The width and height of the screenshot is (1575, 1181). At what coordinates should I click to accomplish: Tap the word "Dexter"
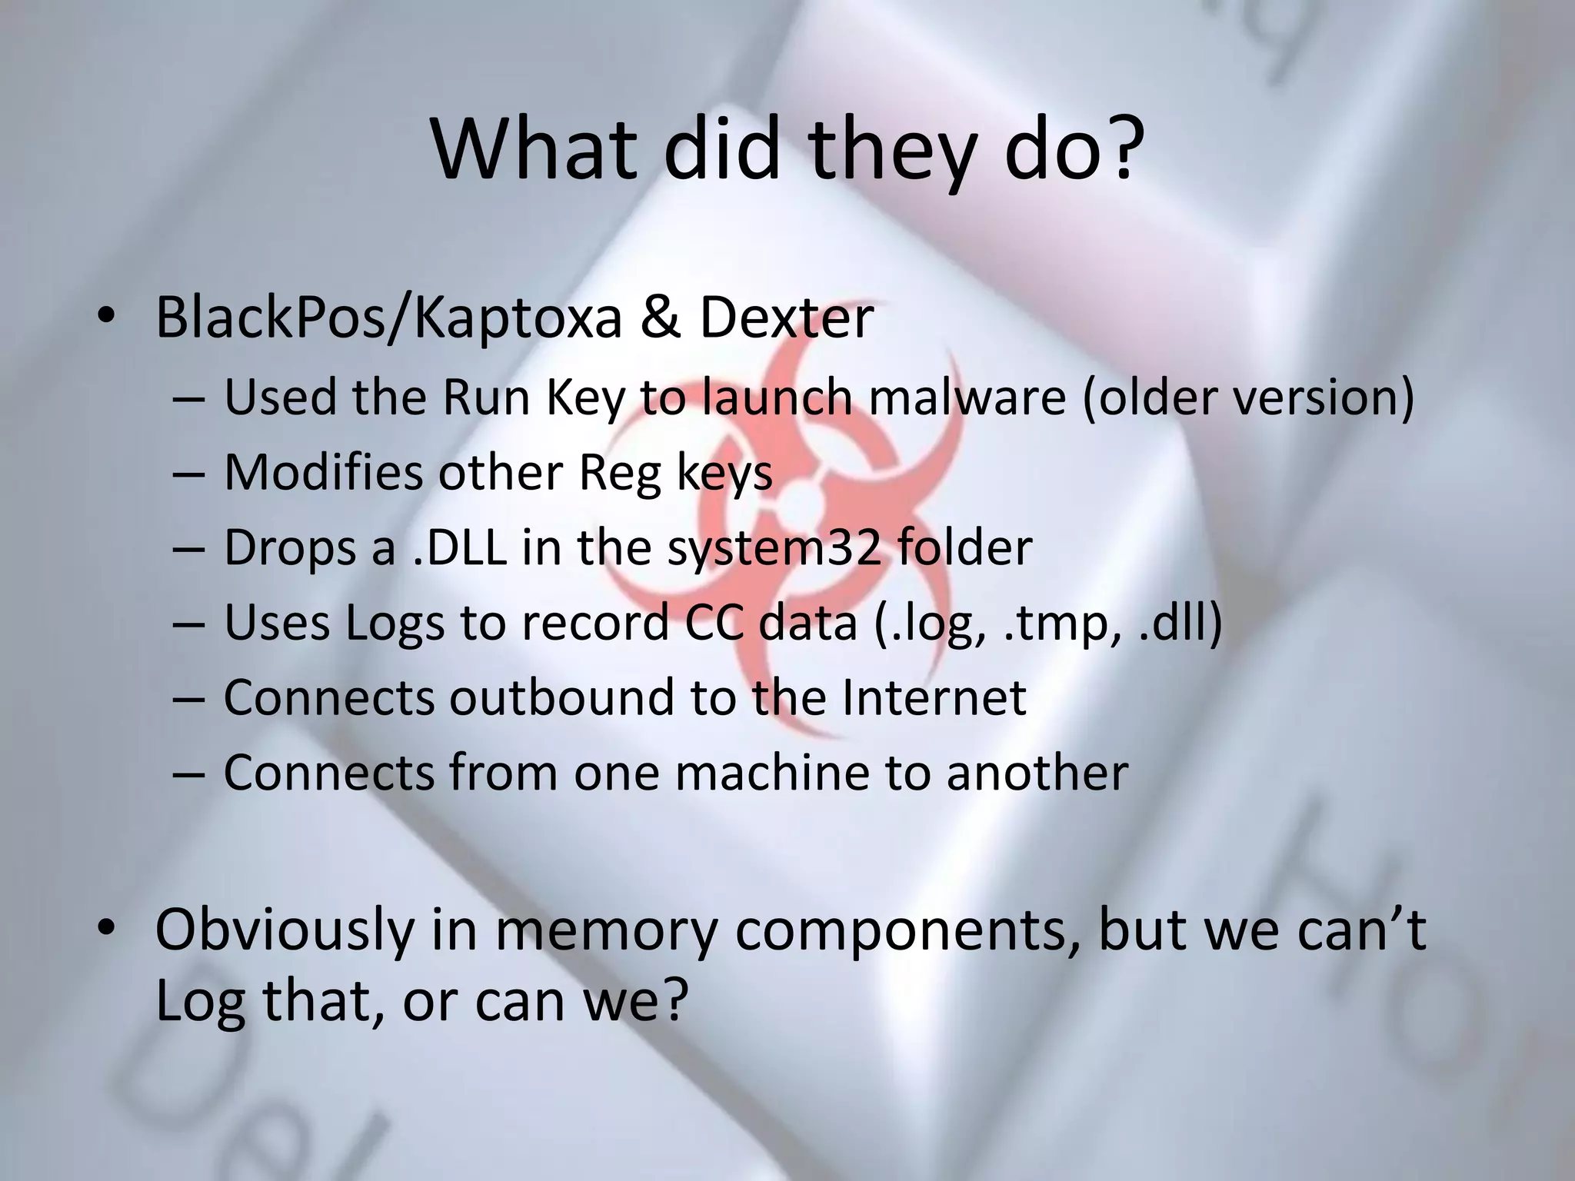tap(786, 318)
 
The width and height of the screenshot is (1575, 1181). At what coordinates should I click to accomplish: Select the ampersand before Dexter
tap(660, 318)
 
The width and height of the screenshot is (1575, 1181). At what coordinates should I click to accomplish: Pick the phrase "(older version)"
tap(1248, 398)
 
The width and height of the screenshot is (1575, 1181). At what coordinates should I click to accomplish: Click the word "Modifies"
tap(323, 472)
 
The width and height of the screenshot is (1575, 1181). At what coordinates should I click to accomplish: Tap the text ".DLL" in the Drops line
tap(459, 547)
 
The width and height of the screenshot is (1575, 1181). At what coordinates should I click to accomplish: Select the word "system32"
tap(774, 547)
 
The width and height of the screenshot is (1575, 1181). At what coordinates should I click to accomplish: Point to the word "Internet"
tap(934, 697)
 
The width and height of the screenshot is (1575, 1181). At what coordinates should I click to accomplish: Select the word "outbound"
tap(562, 697)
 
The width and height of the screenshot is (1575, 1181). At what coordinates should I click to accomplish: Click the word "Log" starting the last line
tap(200, 1001)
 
